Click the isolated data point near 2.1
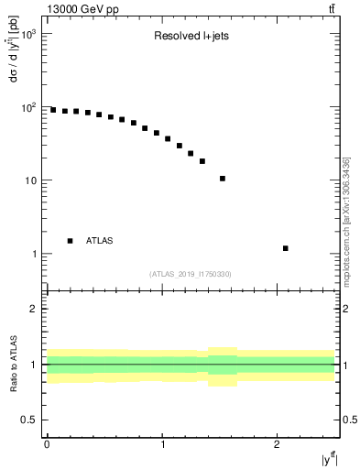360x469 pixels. tap(286, 248)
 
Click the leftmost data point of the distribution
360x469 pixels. tap(53, 110)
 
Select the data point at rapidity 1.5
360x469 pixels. tap(223, 179)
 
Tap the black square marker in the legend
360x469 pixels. tap(71, 240)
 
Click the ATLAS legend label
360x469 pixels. tap(100, 240)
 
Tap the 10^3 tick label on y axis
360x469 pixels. tap(29, 34)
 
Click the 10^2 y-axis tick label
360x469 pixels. tap(29, 107)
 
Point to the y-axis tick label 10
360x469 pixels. tap(31, 180)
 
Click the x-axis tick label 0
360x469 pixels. tap(47, 445)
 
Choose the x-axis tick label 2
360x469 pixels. tap(277, 445)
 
